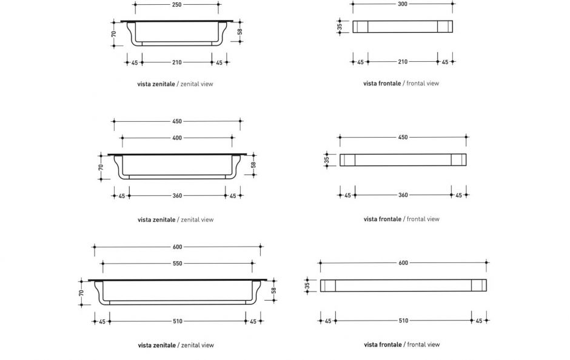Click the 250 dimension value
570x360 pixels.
176,4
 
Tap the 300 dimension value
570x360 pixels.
403,4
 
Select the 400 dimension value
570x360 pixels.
177,138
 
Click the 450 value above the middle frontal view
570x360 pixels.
403,138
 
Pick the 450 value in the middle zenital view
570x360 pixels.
177,121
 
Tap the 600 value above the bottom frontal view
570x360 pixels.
403,263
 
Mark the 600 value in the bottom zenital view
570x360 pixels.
177,247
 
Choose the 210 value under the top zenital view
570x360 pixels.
176,62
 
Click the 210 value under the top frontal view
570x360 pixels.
403,62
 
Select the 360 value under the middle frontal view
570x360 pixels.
403,195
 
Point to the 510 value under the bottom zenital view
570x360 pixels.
177,321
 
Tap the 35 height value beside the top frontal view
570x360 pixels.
340,26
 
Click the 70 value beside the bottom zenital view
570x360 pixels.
81,293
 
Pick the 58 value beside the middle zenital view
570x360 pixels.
253,164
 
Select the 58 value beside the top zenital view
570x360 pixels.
240,31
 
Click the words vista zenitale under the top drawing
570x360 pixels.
156,84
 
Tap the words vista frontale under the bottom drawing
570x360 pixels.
383,345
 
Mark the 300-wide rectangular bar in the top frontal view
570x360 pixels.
403,27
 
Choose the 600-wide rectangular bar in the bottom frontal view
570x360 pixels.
403,285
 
